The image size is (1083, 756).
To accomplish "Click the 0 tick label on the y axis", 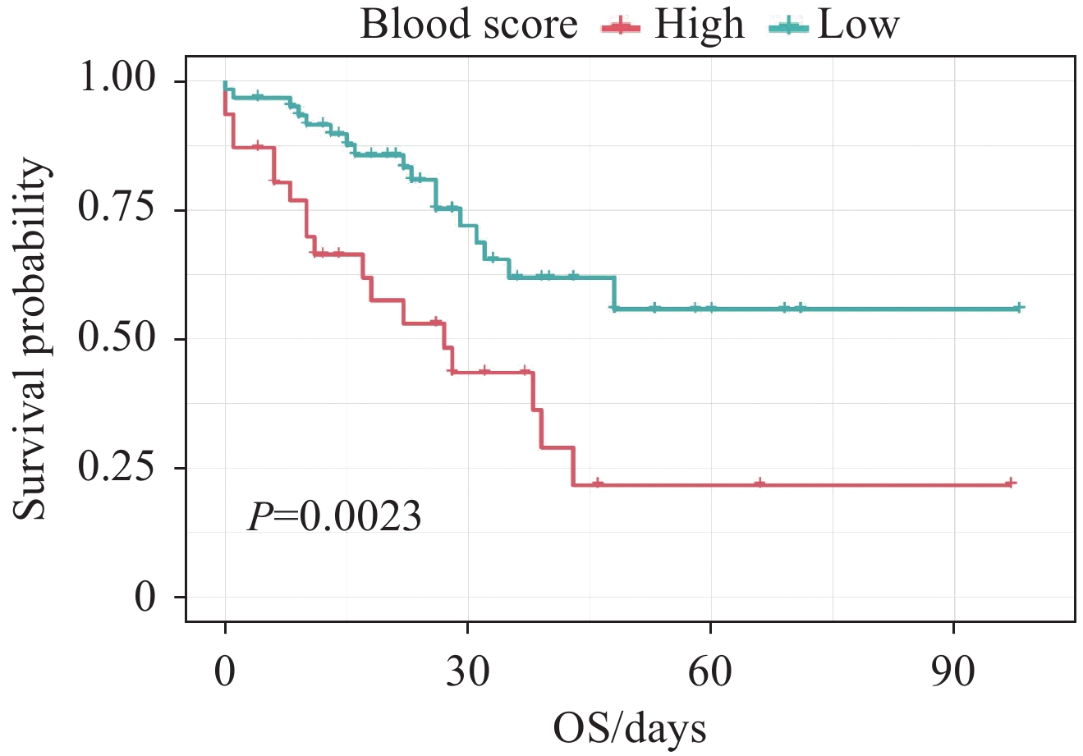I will pyautogui.click(x=145, y=597).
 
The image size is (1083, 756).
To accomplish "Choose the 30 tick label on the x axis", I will pyautogui.click(x=467, y=673).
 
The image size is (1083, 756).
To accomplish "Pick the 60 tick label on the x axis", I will pyautogui.click(x=710, y=673).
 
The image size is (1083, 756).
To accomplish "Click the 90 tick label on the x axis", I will pyautogui.click(x=953, y=673).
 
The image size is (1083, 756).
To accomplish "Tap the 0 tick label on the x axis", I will pyautogui.click(x=225, y=673).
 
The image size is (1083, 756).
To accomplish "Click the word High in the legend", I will pyautogui.click(x=699, y=25).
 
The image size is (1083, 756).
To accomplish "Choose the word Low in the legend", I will pyautogui.click(x=859, y=25).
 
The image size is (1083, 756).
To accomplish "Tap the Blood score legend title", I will pyautogui.click(x=469, y=25).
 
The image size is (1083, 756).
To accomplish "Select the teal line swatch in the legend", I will pyautogui.click(x=788, y=27).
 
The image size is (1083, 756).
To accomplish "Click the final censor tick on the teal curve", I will pyautogui.click(x=1018, y=308).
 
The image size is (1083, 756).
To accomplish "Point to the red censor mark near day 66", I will pyautogui.click(x=759, y=483).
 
